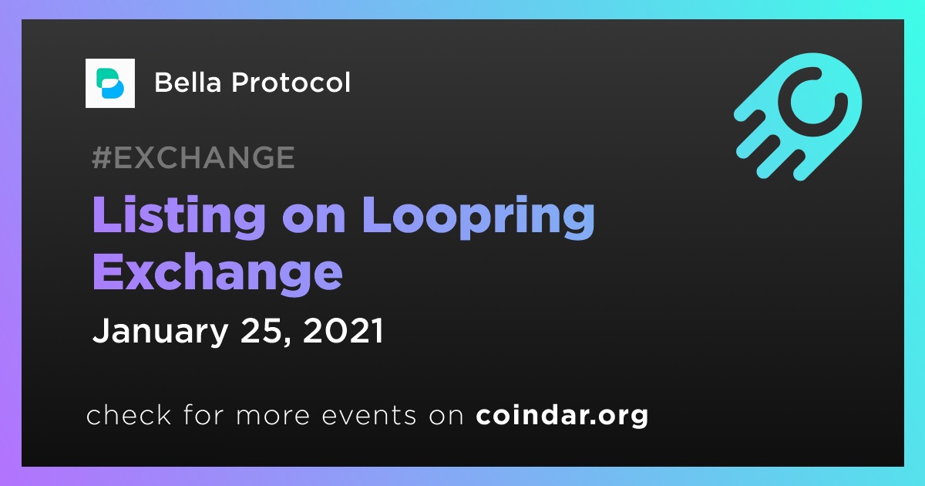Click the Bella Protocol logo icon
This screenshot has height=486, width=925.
109,83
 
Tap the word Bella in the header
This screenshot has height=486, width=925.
188,83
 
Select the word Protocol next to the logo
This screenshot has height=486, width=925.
291,83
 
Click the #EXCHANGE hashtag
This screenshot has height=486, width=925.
193,157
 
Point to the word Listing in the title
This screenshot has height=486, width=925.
179,218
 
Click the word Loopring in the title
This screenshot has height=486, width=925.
479,218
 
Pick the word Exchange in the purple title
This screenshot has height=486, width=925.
217,273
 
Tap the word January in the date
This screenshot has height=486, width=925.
160,332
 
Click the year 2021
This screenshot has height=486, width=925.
343,330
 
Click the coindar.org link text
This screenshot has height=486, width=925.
562,415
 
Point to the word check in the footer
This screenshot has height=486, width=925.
129,414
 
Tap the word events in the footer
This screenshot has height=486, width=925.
369,415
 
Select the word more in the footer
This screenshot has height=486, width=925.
273,416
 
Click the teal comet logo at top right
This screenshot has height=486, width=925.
798,116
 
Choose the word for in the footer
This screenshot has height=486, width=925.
203,414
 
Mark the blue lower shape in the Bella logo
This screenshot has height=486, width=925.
113,89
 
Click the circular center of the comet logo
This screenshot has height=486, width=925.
813,102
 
